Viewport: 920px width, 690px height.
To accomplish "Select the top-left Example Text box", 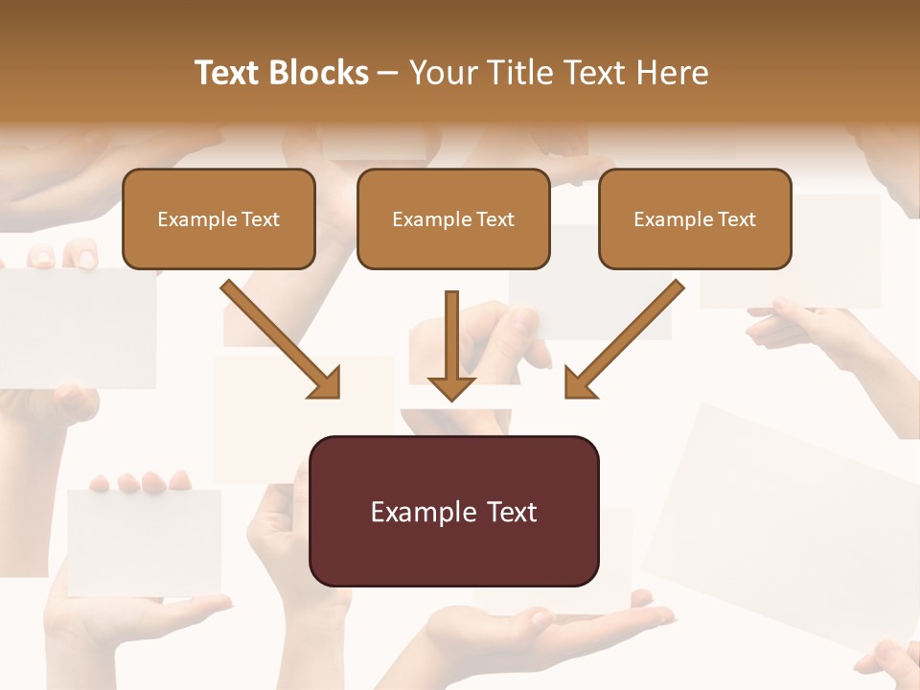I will click(x=218, y=219).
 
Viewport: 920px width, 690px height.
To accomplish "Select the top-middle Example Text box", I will click(x=453, y=219).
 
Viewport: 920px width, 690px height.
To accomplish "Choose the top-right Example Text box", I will click(x=695, y=219).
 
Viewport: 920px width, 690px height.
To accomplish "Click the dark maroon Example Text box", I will click(x=454, y=511).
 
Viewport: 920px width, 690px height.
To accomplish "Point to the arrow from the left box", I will click(x=280, y=339).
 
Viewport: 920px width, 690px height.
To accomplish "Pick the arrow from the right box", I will click(x=624, y=339).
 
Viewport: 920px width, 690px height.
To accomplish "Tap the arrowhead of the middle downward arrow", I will click(x=451, y=386).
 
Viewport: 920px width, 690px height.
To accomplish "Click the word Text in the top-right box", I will click(x=736, y=219).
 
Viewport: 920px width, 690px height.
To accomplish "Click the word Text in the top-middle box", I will click(x=494, y=219).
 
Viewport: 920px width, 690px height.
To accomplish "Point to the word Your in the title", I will click(x=443, y=73).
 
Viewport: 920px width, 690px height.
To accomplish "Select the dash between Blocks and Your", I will click(x=388, y=73).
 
